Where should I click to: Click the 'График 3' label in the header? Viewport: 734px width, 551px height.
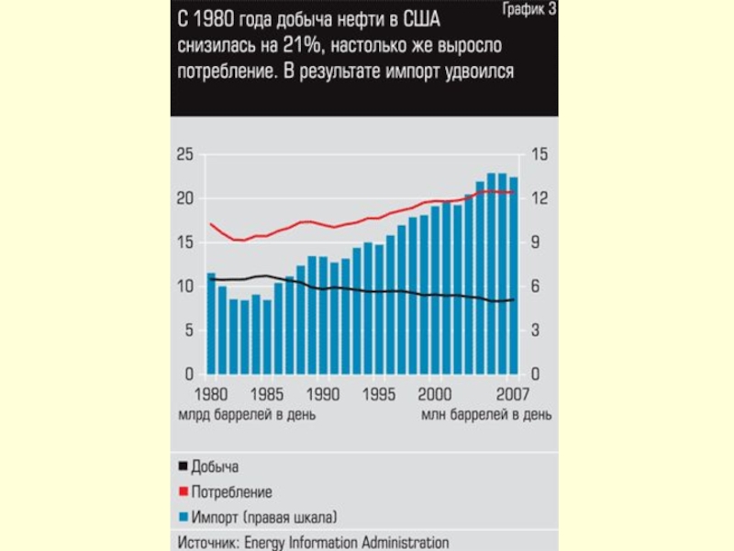coord(528,10)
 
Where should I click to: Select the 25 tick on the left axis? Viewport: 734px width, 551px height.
coord(184,154)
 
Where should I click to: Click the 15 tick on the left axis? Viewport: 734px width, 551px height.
coord(184,242)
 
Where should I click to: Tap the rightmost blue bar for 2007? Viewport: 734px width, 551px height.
coord(514,276)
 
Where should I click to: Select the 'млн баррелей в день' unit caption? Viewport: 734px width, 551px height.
coord(486,414)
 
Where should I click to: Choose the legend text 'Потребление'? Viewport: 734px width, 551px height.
coord(231,491)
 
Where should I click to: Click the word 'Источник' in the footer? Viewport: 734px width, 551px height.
coord(208,541)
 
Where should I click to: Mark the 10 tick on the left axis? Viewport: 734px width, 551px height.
coord(184,287)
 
